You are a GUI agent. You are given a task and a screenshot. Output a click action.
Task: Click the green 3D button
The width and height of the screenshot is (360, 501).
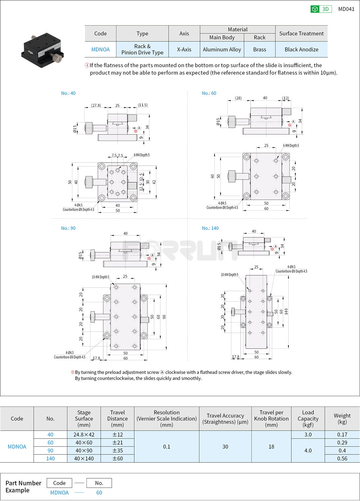(x=321, y=9)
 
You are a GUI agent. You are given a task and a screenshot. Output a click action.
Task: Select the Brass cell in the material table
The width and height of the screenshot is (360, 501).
(x=260, y=49)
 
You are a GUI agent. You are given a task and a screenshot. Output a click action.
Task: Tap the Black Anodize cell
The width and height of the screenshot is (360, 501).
(x=301, y=49)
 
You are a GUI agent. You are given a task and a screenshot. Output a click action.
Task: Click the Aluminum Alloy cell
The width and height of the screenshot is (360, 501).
(x=222, y=49)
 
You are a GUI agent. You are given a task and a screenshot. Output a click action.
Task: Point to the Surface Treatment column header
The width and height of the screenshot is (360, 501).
(x=301, y=33)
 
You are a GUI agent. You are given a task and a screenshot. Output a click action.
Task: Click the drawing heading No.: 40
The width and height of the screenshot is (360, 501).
(x=68, y=93)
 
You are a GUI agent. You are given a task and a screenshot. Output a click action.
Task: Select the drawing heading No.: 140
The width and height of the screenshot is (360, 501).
(x=210, y=228)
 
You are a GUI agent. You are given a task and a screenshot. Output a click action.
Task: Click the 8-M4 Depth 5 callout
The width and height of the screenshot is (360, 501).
(x=141, y=155)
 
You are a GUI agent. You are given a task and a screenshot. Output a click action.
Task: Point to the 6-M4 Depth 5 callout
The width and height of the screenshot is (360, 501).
(x=291, y=146)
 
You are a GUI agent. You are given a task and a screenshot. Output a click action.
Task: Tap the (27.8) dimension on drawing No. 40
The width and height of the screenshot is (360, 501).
(x=96, y=105)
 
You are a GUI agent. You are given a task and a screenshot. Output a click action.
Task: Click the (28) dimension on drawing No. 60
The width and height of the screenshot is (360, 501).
(x=238, y=98)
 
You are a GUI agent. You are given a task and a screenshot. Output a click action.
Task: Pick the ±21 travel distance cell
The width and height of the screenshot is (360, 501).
(x=117, y=443)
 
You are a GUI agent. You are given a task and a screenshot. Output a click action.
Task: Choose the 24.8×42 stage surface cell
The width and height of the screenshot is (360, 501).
(x=84, y=435)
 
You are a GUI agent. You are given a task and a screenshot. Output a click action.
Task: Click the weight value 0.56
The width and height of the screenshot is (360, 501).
(x=342, y=459)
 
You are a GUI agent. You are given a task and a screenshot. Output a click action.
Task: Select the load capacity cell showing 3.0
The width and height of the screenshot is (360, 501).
(x=308, y=435)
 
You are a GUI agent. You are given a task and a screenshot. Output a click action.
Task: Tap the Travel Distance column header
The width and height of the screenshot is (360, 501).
(x=117, y=418)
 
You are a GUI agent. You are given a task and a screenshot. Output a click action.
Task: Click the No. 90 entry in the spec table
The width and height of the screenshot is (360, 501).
(x=50, y=451)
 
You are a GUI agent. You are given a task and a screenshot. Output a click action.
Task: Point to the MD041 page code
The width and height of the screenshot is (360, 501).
(x=346, y=9)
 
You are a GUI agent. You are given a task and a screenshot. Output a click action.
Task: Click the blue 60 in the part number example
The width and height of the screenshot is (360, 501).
(x=99, y=493)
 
